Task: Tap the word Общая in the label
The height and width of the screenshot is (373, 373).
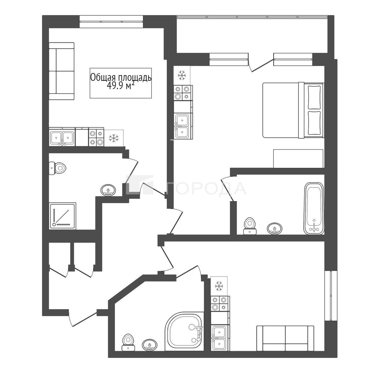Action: pyautogui.click(x=101, y=77)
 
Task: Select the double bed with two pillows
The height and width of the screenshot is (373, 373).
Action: pyautogui.click(x=293, y=110)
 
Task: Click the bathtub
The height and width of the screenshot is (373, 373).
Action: pyautogui.click(x=314, y=208)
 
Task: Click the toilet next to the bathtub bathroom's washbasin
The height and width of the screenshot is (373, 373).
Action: pyautogui.click(x=250, y=226)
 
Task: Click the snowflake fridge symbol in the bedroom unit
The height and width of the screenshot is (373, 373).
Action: pyautogui.click(x=182, y=75)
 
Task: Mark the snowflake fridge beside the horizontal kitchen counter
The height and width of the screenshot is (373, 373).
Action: pyautogui.click(x=114, y=138)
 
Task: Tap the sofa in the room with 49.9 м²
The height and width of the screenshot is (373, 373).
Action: pyautogui.click(x=62, y=71)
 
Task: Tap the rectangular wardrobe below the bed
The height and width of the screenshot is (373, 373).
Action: pyautogui.click(x=298, y=158)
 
